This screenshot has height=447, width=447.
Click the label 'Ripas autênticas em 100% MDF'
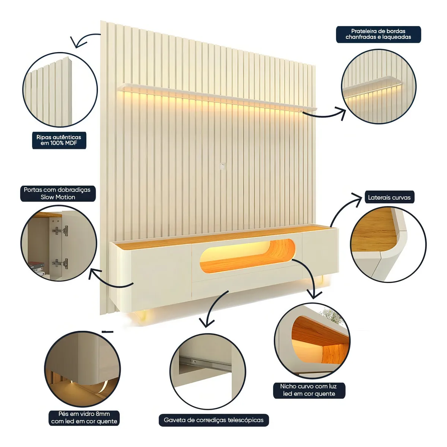click(x=59, y=140)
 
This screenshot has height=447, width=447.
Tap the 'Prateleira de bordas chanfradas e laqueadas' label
click(x=378, y=34)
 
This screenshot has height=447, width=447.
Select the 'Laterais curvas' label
click(x=389, y=197)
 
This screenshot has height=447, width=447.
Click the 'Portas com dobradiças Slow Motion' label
click(x=57, y=193)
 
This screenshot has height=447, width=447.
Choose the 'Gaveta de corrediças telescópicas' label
click(x=214, y=420)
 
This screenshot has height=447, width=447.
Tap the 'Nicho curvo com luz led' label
click(x=309, y=390)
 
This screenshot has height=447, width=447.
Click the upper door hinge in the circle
click(x=60, y=230)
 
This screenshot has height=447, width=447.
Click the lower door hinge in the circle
click(x=60, y=263)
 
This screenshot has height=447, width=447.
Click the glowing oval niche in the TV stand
click(x=247, y=256)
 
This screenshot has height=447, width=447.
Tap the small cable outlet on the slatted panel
click(x=222, y=166)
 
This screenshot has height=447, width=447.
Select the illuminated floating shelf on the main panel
click(x=217, y=98)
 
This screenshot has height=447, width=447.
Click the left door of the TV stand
click(x=161, y=275)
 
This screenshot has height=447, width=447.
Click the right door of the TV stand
click(x=320, y=253)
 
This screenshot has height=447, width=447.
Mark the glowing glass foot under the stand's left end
click(x=142, y=315)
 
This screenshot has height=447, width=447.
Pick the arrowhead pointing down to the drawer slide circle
click(x=206, y=323)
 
